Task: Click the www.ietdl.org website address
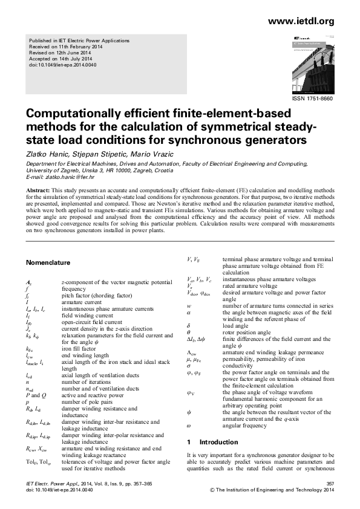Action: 300,22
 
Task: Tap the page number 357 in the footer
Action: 330,484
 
